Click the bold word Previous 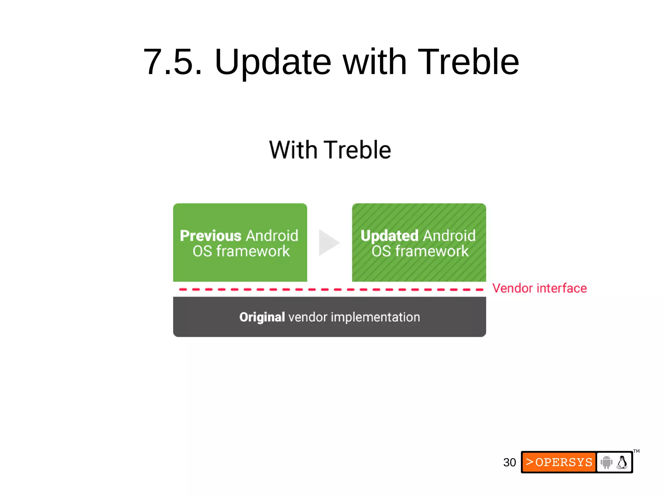[x=210, y=236]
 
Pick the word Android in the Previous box [x=272, y=236]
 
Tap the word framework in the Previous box [x=253, y=251]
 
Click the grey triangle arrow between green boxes [x=328, y=242]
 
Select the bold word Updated [x=390, y=236]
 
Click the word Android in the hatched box [x=449, y=236]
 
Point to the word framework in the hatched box [x=432, y=251]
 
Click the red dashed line [x=330, y=289]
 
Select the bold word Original [x=262, y=317]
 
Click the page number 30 [x=509, y=462]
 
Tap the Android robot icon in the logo [x=606, y=462]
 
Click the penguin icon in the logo [x=622, y=462]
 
